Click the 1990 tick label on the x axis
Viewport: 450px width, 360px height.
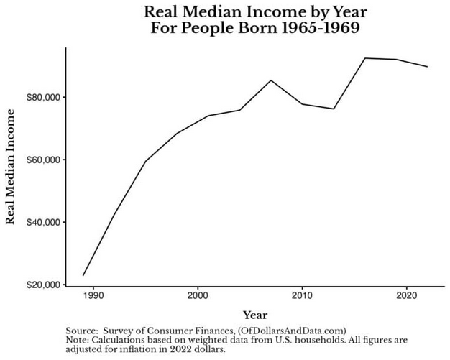point(93,296)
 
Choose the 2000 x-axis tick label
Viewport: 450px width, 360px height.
point(198,296)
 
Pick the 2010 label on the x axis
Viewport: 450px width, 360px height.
point(302,296)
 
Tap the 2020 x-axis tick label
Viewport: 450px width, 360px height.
point(407,296)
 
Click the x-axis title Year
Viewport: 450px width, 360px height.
point(254,315)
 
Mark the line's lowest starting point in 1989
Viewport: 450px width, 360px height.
point(83,275)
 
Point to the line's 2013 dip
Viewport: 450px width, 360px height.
point(334,109)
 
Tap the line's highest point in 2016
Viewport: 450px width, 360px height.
point(365,58)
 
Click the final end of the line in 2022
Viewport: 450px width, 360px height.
point(428,67)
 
